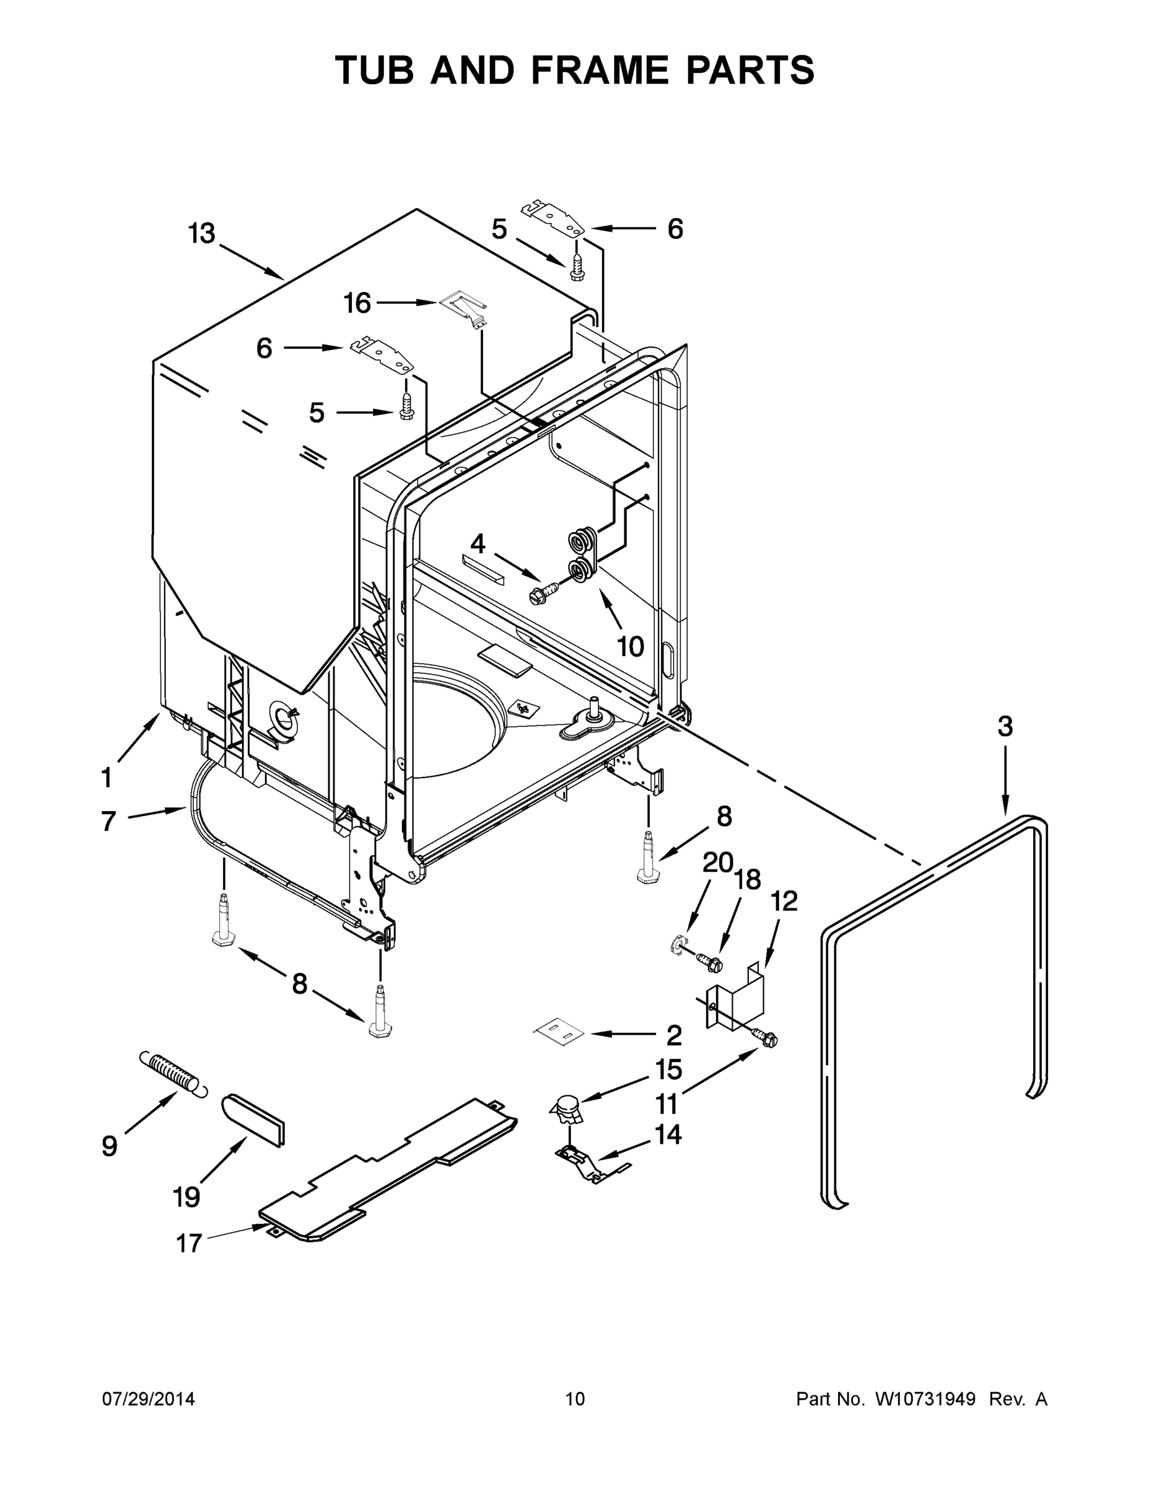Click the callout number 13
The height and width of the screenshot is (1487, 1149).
coord(201,234)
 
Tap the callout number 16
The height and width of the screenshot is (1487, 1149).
coord(357,303)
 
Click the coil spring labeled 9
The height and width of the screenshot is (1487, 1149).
coord(172,1074)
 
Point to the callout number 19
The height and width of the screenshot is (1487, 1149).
coord(186,1196)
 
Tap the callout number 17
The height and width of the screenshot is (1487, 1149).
coord(190,1244)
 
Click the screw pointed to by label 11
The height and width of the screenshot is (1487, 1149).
coord(766,1038)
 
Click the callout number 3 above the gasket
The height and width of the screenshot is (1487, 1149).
coord(1005,727)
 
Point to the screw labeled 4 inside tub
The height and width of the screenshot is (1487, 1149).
coord(544,592)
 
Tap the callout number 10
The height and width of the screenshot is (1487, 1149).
coord(631,646)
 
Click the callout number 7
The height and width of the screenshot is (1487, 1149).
coord(108,821)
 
